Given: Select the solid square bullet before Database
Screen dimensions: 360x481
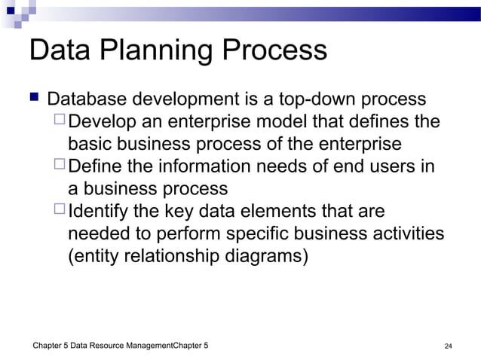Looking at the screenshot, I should pyautogui.click(x=33, y=99).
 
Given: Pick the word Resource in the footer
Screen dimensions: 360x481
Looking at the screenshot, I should pyautogui.click(x=106, y=346).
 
